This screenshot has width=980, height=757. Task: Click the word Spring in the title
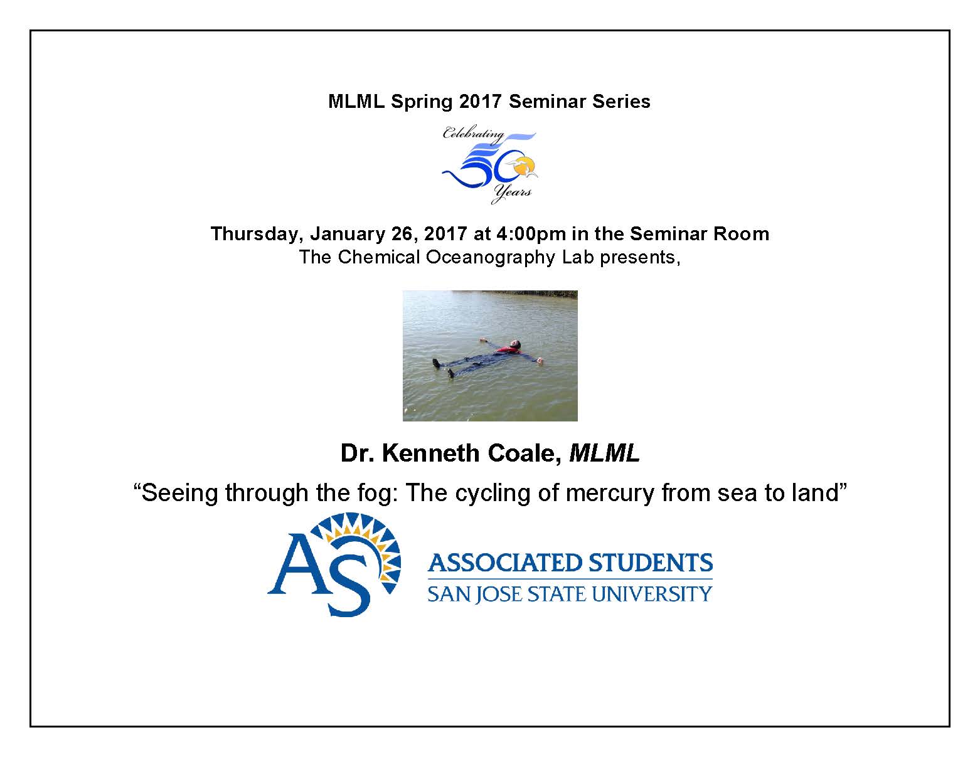422,102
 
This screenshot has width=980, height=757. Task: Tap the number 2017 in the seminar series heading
481,102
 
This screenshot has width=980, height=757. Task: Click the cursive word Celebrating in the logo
473,134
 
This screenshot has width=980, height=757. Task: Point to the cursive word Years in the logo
511,193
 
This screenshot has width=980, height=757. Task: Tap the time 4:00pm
531,234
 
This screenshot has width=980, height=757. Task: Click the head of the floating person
515,346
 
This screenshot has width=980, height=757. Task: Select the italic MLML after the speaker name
604,453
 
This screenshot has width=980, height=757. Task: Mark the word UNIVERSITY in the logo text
652,594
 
